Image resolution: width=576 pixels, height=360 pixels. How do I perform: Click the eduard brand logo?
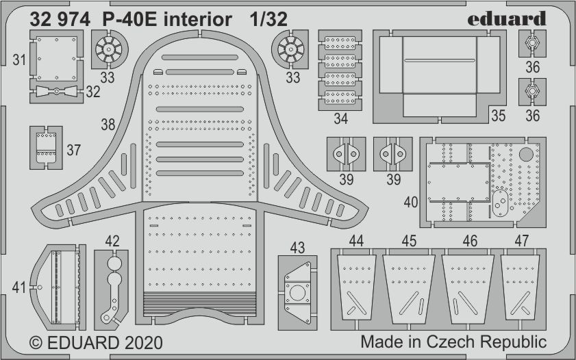pos(507,18)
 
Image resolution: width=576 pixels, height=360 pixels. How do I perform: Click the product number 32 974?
pos(60,19)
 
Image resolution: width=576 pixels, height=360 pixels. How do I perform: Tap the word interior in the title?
pos(198,19)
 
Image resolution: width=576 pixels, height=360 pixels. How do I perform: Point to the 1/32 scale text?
pos(268,19)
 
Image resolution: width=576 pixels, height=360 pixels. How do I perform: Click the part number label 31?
pos(19,60)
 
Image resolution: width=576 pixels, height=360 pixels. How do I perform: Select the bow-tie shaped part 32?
pos(56,91)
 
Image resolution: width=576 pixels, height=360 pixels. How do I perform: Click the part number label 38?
pos(108,125)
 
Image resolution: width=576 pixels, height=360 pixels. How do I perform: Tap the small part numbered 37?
pos(46,147)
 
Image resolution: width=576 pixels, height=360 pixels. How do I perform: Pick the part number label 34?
pos(341,118)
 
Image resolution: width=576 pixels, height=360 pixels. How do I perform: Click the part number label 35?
pos(499,116)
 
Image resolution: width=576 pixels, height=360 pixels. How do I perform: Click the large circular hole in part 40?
pos(526,155)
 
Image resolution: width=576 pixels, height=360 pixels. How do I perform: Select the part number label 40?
pos(411,202)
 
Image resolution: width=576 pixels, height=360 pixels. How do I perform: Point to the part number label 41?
pos(19,287)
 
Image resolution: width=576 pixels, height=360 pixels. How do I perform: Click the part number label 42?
pos(112,241)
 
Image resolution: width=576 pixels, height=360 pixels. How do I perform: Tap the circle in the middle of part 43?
pos(297,293)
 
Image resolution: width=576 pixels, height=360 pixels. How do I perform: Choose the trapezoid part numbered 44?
pos(356,287)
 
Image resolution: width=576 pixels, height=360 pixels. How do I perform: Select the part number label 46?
pos(471,241)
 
